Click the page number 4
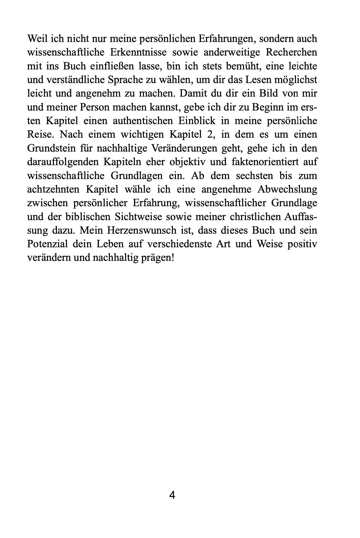coord(172,495)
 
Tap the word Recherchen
coord(291,53)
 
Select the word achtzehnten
coord(53,189)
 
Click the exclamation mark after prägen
coord(173,258)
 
